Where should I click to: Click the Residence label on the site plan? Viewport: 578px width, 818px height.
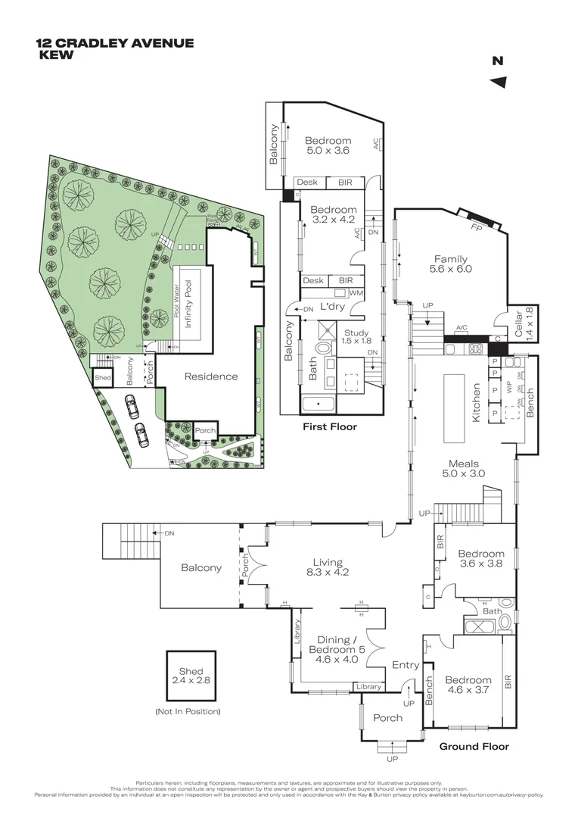click(x=210, y=376)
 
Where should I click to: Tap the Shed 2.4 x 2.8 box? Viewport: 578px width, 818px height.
click(x=191, y=676)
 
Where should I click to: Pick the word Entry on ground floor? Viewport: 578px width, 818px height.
click(x=406, y=665)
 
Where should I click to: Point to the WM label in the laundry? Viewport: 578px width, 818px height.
click(x=355, y=292)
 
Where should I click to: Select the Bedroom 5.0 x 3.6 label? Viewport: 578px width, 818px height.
click(x=328, y=145)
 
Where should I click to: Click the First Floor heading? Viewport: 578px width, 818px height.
click(x=329, y=426)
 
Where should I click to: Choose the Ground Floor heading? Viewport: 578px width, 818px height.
click(x=474, y=746)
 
